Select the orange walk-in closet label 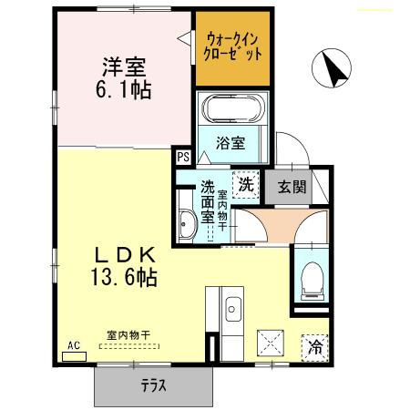pyautogui.click(x=234, y=46)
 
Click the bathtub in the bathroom pyautogui.click(x=234, y=110)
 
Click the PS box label pyautogui.click(x=183, y=157)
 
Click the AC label pyautogui.click(x=75, y=345)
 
